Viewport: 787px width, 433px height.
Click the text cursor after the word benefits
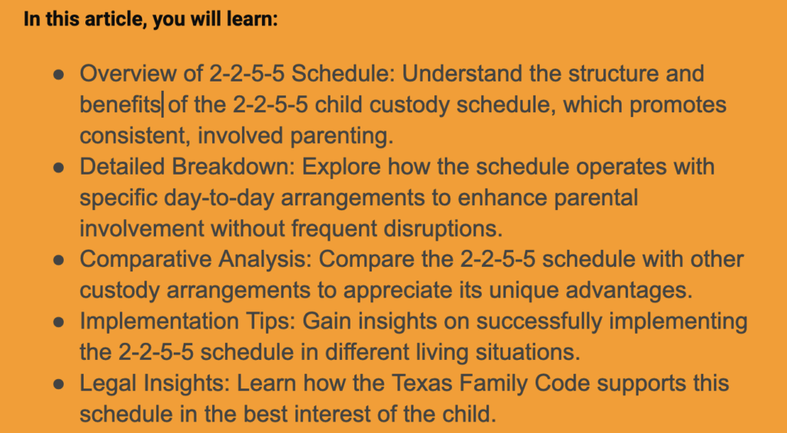163,105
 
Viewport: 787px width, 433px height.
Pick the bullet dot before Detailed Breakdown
59,167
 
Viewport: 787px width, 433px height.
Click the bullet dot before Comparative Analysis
59,259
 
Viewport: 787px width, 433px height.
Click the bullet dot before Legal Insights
59,383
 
